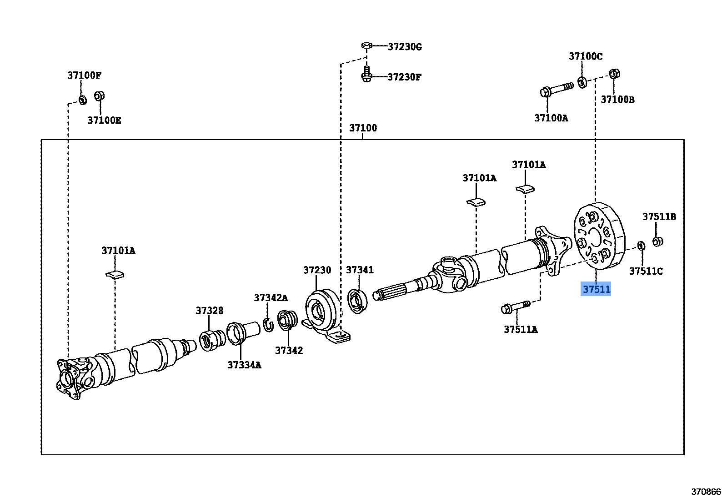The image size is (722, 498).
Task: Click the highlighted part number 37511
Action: [x=596, y=289]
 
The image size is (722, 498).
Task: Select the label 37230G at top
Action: [x=405, y=47]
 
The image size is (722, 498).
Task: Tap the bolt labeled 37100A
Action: [x=557, y=89]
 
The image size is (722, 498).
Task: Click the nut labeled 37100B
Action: [x=614, y=74]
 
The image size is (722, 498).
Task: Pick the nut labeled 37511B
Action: [x=657, y=241]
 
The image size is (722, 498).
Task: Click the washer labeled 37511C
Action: [x=641, y=246]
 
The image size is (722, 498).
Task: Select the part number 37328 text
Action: [x=210, y=311]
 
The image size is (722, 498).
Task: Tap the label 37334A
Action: [x=244, y=365]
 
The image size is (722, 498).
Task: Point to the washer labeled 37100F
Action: [x=83, y=100]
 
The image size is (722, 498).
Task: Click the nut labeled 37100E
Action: [x=100, y=96]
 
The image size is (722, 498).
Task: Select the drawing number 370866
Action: [x=706, y=491]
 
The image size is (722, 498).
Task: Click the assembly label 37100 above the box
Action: [x=363, y=128]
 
